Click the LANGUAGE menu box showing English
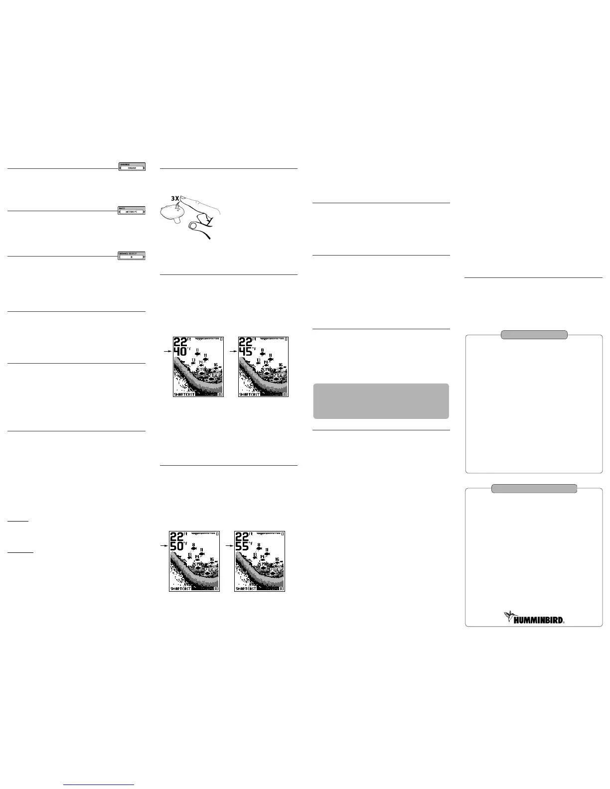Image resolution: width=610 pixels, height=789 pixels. click(x=132, y=167)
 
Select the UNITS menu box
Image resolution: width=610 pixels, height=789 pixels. click(x=132, y=210)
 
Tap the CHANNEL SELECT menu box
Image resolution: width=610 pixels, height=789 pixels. click(x=132, y=256)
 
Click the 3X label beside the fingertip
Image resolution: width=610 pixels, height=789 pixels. click(x=173, y=198)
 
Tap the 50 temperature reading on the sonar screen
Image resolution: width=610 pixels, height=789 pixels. click(x=177, y=547)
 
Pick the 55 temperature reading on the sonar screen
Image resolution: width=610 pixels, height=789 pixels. click(x=243, y=547)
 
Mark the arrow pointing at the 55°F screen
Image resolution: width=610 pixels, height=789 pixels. click(x=229, y=546)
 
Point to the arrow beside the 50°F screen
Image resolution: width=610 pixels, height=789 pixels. click(x=163, y=546)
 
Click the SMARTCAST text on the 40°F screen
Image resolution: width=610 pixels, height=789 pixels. click(x=184, y=394)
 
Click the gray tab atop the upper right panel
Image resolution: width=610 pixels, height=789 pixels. click(x=534, y=335)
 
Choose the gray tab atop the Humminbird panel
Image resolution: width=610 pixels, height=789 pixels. click(x=534, y=489)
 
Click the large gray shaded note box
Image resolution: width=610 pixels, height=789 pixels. click(x=381, y=401)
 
